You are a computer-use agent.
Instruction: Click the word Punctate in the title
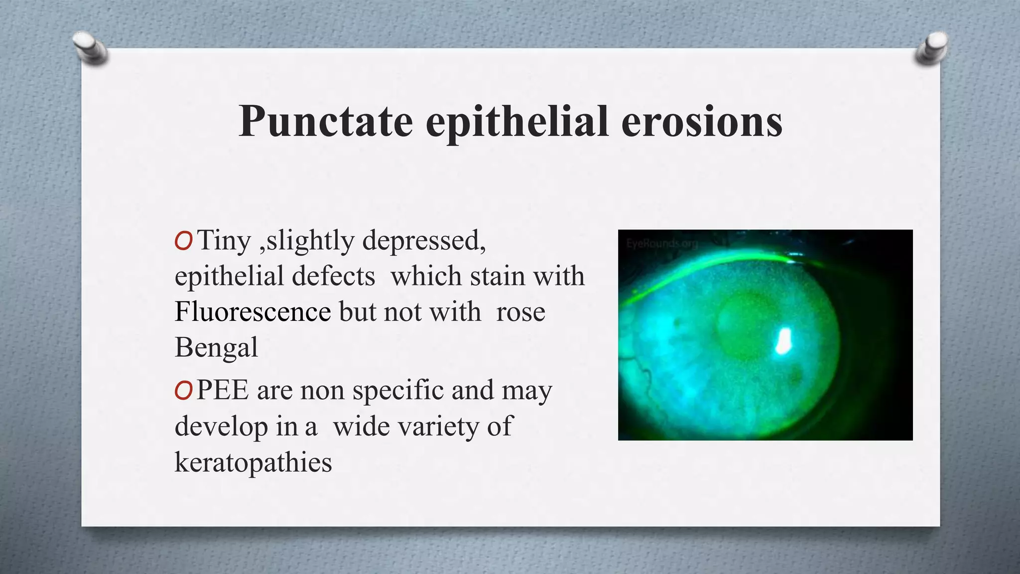[326, 122]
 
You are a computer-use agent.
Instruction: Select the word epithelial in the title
[516, 122]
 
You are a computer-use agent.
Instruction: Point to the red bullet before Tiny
[183, 242]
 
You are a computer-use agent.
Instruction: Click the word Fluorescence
[253, 312]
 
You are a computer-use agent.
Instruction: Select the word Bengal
[216, 347]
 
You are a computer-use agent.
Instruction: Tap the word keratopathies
[253, 462]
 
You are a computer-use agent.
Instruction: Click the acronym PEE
[223, 390]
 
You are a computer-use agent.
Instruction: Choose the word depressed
[424, 241]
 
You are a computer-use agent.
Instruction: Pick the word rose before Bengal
[520, 313]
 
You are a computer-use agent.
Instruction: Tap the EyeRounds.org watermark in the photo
[662, 244]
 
